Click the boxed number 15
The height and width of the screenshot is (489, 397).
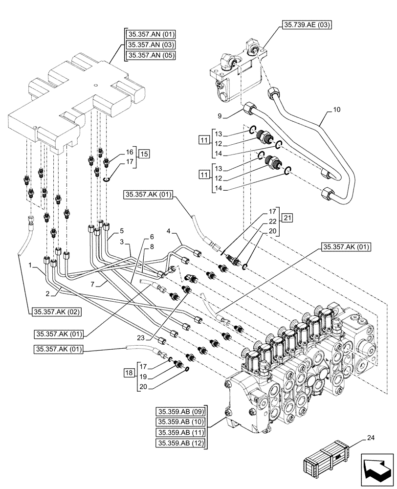pos(143,154)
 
